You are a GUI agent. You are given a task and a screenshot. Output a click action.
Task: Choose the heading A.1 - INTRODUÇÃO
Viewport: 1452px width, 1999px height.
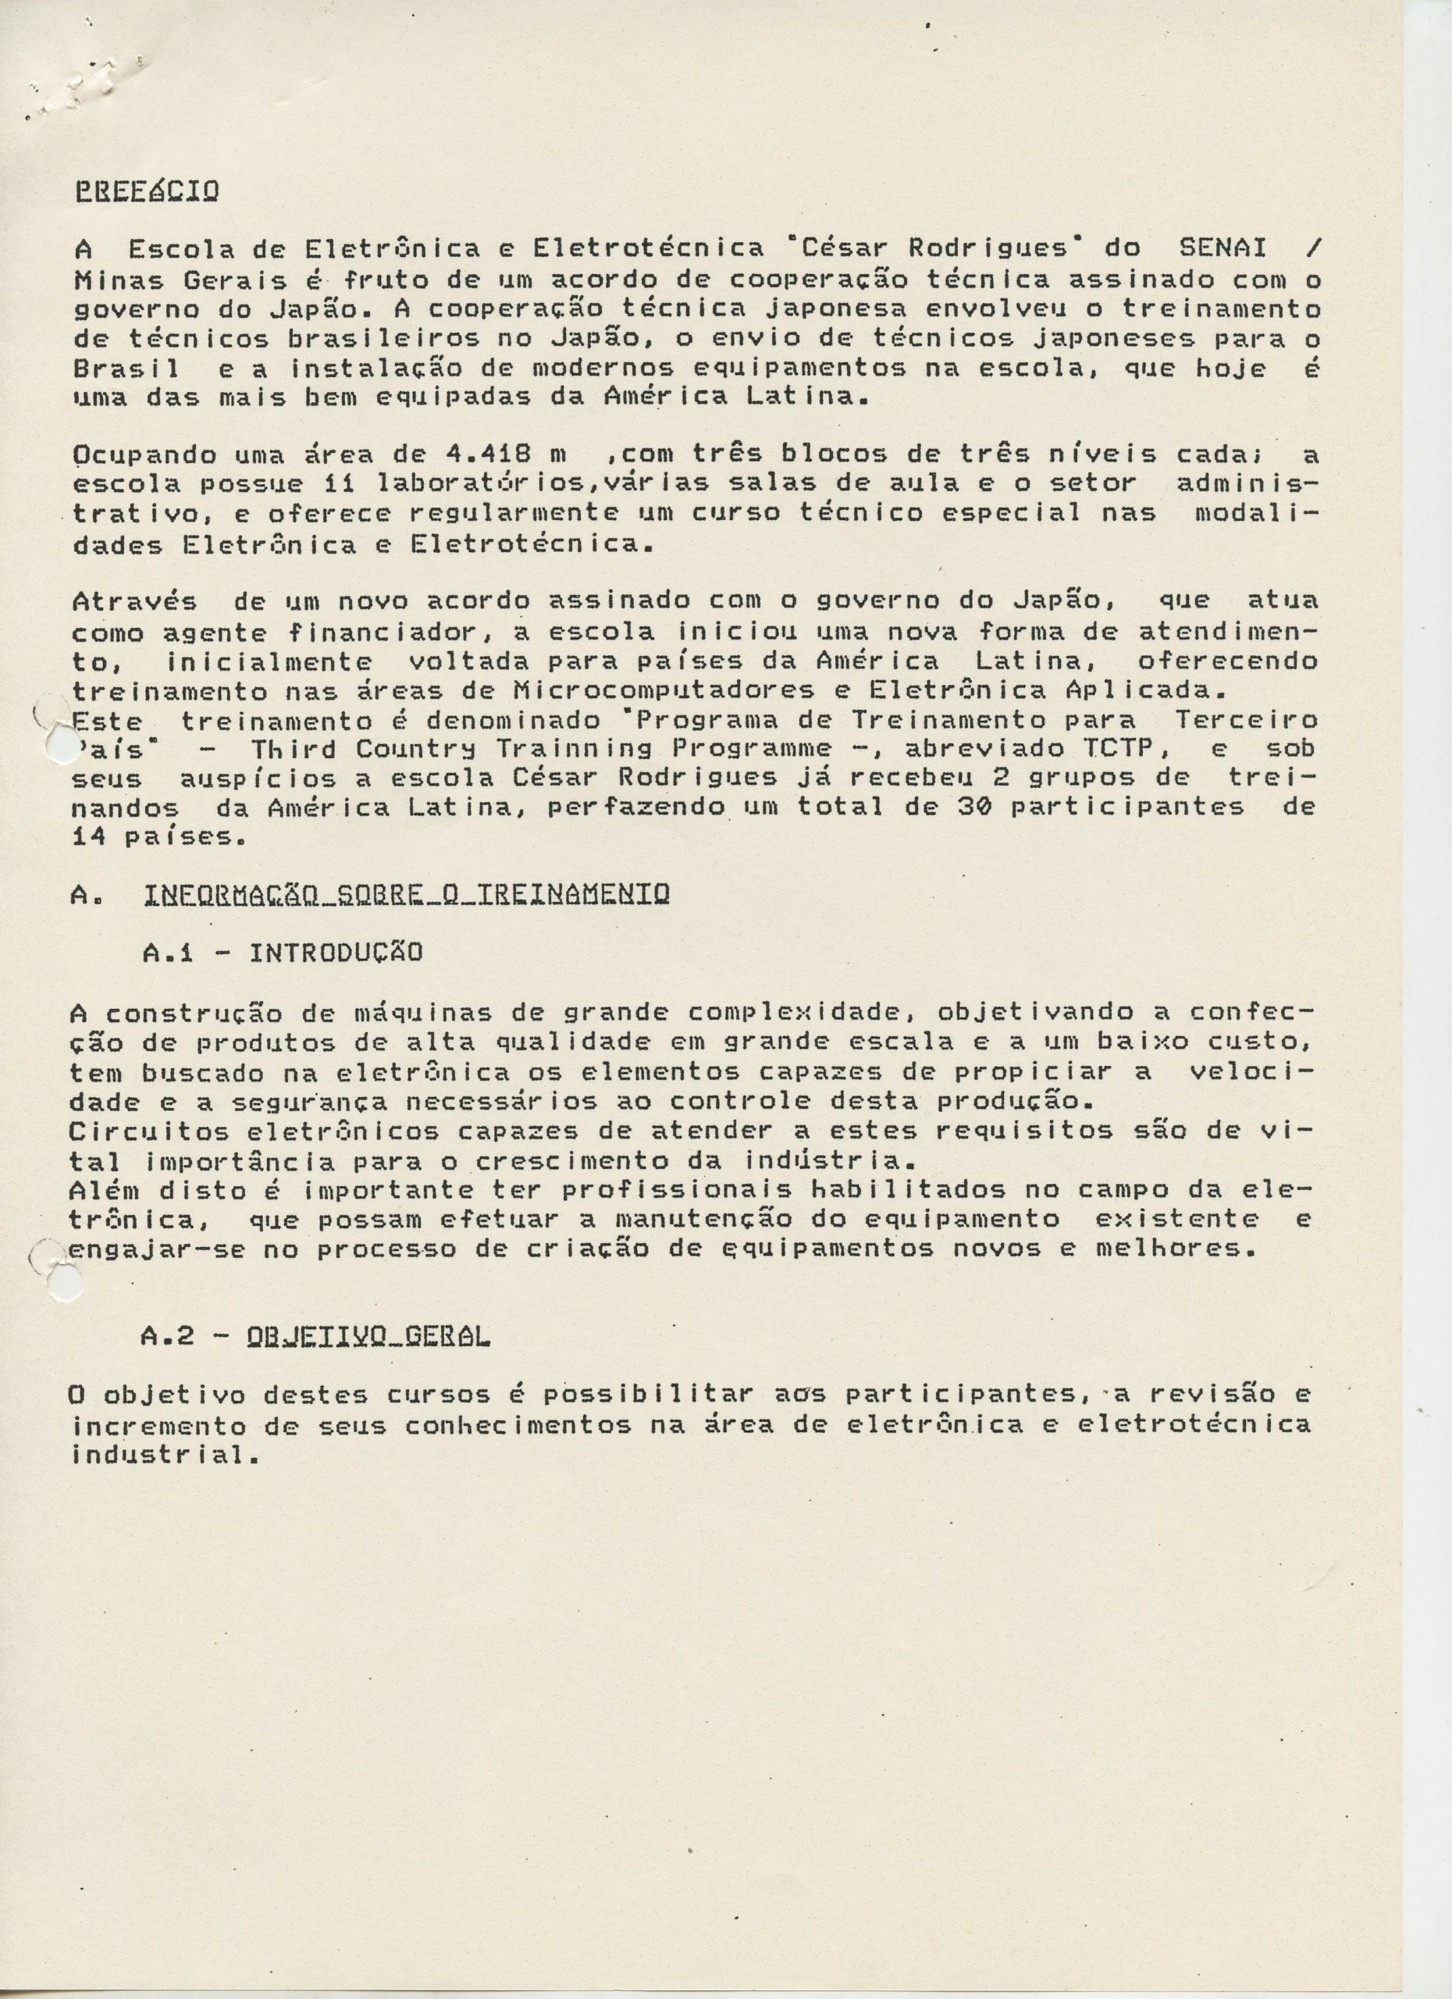pos(282,953)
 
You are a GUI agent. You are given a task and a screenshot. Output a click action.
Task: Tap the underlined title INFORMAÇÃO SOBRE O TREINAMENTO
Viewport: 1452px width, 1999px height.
pos(405,895)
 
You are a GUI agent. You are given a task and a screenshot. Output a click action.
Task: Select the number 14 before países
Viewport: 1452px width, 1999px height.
pos(88,836)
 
